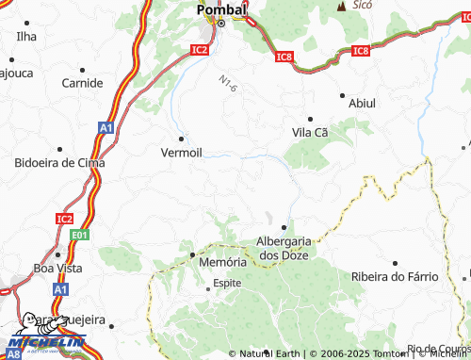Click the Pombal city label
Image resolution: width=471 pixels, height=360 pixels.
click(x=221, y=9)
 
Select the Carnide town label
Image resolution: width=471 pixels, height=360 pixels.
click(x=82, y=83)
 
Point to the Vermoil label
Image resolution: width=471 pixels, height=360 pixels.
click(x=182, y=152)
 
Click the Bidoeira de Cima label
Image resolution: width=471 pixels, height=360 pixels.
click(x=58, y=163)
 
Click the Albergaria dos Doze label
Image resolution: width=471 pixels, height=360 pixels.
click(x=282, y=248)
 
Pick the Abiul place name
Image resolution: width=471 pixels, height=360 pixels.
click(x=362, y=103)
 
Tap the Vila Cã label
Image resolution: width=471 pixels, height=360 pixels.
click(x=310, y=133)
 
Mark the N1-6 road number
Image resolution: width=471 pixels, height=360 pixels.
click(x=228, y=84)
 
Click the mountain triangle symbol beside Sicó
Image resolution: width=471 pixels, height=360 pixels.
click(x=341, y=6)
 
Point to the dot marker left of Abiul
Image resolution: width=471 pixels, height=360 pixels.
click(x=341, y=95)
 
